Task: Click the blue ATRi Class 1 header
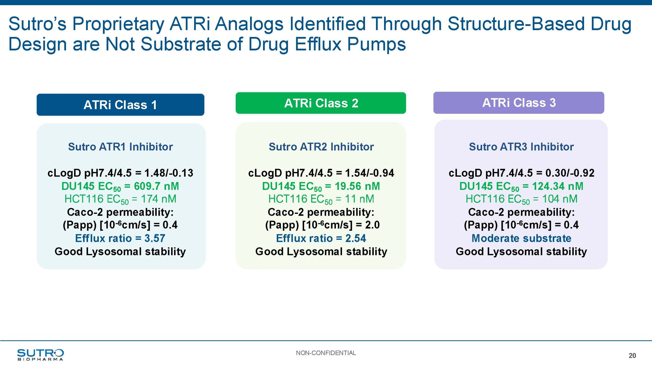point(120,105)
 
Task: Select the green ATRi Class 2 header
point(321,103)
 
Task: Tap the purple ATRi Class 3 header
point(519,103)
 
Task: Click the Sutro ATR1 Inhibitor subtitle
point(120,147)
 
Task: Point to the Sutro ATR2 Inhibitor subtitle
point(321,147)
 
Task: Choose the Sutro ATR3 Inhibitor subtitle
point(521,147)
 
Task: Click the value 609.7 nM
point(157,186)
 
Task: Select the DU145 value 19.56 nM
point(357,186)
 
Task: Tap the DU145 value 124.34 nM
point(558,186)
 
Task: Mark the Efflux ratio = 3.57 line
point(120,238)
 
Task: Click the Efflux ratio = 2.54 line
point(321,238)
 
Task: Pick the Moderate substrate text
point(521,238)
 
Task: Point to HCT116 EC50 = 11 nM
point(321,199)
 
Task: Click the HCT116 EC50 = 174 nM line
point(120,199)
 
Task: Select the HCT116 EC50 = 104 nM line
point(521,199)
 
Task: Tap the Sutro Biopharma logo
point(40,355)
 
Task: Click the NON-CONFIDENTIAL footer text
point(326,353)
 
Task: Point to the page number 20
point(632,356)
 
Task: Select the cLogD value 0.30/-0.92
point(570,173)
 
